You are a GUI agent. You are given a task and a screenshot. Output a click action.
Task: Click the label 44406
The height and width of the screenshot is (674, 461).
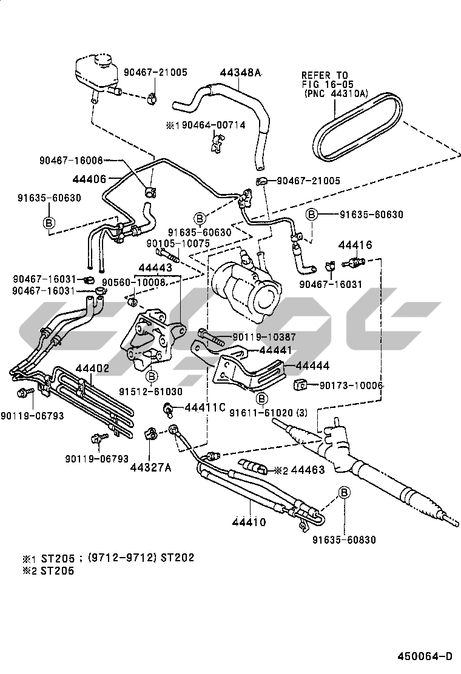(89, 179)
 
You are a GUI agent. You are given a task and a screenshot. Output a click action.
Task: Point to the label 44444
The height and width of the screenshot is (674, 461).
(313, 366)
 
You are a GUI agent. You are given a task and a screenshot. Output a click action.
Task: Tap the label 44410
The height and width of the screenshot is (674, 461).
(249, 521)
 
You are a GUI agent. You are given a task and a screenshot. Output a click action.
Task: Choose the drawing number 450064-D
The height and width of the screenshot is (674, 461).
(425, 656)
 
